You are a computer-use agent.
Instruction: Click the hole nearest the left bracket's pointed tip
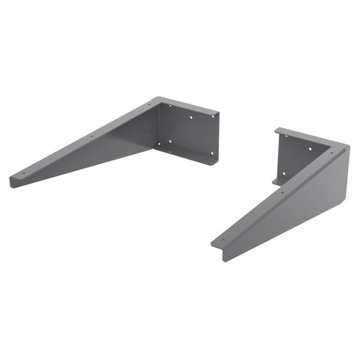point(24,173)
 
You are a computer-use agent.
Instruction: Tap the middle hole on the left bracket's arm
point(91,136)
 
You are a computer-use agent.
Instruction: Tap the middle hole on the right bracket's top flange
point(282,192)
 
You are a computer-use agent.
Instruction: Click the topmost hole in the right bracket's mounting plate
point(286,137)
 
